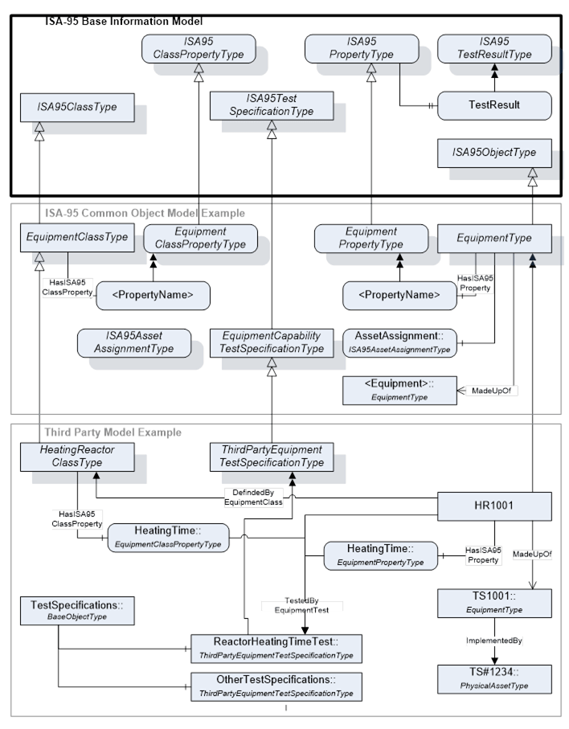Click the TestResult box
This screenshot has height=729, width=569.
(494, 105)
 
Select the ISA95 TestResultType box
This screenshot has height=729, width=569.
(494, 48)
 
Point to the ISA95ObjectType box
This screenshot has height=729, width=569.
(494, 152)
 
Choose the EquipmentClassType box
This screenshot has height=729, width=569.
(77, 237)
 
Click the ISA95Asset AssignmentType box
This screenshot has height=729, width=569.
(134, 342)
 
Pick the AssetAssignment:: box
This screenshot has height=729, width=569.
(399, 342)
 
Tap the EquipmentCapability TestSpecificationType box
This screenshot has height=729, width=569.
(271, 342)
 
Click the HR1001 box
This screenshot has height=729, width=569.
(494, 506)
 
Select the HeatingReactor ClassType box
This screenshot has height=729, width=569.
(77, 456)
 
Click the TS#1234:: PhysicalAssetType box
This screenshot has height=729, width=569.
(494, 679)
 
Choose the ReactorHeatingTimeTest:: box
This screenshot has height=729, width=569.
(276, 649)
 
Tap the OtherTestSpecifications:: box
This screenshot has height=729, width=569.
(276, 686)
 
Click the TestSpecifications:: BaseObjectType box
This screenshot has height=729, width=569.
(77, 610)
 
